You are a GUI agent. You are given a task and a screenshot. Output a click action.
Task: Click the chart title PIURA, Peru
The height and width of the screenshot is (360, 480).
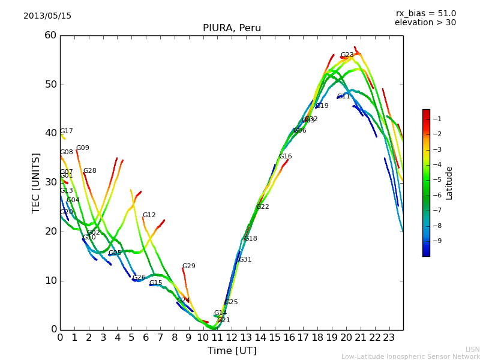pos(232,28)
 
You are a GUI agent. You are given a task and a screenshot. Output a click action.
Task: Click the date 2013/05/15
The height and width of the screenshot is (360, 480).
pos(47,16)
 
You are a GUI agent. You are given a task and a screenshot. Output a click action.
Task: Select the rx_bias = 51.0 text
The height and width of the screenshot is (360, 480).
pos(425,13)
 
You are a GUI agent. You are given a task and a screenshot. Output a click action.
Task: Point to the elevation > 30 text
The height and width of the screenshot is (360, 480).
pos(425,23)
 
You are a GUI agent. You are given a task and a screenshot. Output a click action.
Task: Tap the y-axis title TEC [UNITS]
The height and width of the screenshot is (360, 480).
pos(36,182)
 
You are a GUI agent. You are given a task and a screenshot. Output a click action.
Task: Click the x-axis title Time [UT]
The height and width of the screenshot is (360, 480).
pos(232,351)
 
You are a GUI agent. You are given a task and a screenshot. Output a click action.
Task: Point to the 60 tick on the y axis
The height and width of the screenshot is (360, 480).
pos(50,35)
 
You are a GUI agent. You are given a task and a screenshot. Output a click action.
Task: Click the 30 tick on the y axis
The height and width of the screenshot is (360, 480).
pos(50,182)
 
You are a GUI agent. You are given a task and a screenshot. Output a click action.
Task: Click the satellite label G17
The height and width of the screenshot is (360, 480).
pos(67,131)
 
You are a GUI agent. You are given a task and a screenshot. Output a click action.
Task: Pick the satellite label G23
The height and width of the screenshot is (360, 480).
pos(347,55)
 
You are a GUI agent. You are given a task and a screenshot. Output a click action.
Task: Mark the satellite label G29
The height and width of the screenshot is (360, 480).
pos(189,266)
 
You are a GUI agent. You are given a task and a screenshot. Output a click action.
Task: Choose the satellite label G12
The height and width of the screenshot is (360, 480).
pos(149,215)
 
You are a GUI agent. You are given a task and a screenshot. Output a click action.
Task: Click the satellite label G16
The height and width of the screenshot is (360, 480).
pos(286,157)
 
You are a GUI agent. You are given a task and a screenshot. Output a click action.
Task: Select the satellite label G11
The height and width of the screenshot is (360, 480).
pos(344,97)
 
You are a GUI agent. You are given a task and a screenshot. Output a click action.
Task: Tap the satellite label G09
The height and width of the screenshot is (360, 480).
pos(83,148)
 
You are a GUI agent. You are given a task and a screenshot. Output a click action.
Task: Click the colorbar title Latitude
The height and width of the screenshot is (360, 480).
pos(449,183)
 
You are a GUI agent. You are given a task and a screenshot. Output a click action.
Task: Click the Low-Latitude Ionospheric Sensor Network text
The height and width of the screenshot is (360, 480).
pos(410,357)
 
